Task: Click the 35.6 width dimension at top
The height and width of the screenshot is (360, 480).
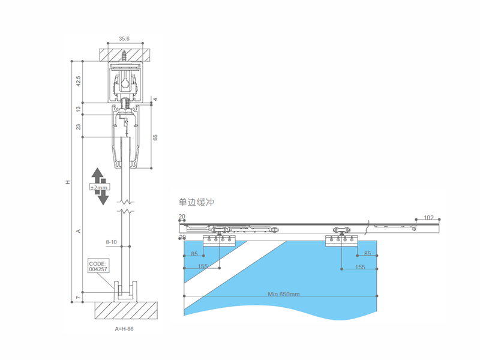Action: click(124, 38)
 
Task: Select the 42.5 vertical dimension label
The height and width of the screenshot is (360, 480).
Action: click(79, 81)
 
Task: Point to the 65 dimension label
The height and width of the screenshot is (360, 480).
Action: click(155, 137)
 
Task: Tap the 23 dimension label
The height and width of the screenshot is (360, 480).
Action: click(79, 127)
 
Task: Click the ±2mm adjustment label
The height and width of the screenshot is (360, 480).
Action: click(99, 187)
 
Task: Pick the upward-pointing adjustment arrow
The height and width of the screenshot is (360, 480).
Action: click(98, 176)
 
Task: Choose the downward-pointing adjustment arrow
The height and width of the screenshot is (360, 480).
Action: click(103, 196)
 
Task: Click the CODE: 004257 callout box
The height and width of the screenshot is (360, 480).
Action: click(98, 266)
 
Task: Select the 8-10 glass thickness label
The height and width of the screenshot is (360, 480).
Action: click(111, 242)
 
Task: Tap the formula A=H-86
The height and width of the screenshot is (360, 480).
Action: click(124, 329)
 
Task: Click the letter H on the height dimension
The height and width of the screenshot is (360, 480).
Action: click(68, 182)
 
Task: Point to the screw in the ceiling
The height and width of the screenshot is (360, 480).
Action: click(124, 55)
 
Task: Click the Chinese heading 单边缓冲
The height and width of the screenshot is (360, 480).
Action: click(196, 202)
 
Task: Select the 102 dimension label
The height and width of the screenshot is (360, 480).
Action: click(428, 217)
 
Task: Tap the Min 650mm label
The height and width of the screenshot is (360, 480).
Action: click(283, 294)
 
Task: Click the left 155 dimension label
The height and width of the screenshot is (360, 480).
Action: click(203, 266)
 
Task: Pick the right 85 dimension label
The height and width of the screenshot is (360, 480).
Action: click(367, 253)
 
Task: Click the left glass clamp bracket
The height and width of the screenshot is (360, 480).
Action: click(219, 241)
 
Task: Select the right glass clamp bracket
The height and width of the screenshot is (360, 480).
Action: click(341, 241)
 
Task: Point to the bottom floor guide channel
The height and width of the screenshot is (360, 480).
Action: click(125, 292)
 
